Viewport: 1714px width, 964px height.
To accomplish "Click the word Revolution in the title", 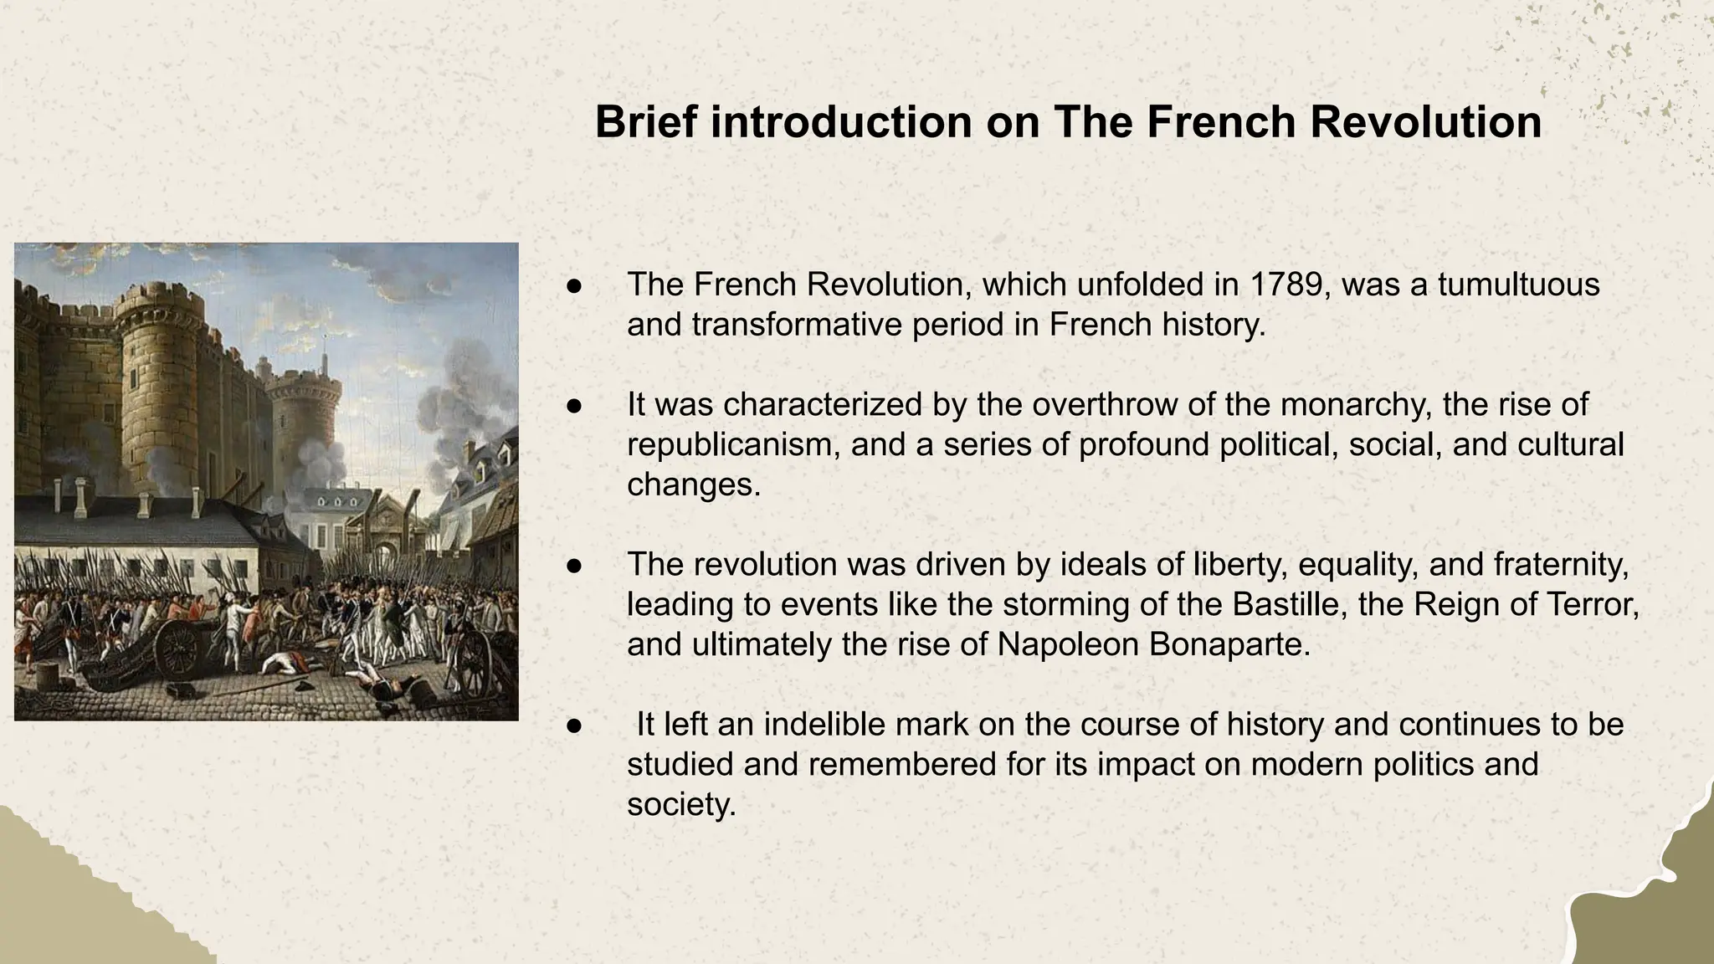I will click(1425, 122).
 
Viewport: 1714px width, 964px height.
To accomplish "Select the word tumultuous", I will click(1518, 285).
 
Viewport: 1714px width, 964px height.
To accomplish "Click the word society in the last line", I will click(680, 805).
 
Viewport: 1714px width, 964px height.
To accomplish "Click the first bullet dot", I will click(574, 286).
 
